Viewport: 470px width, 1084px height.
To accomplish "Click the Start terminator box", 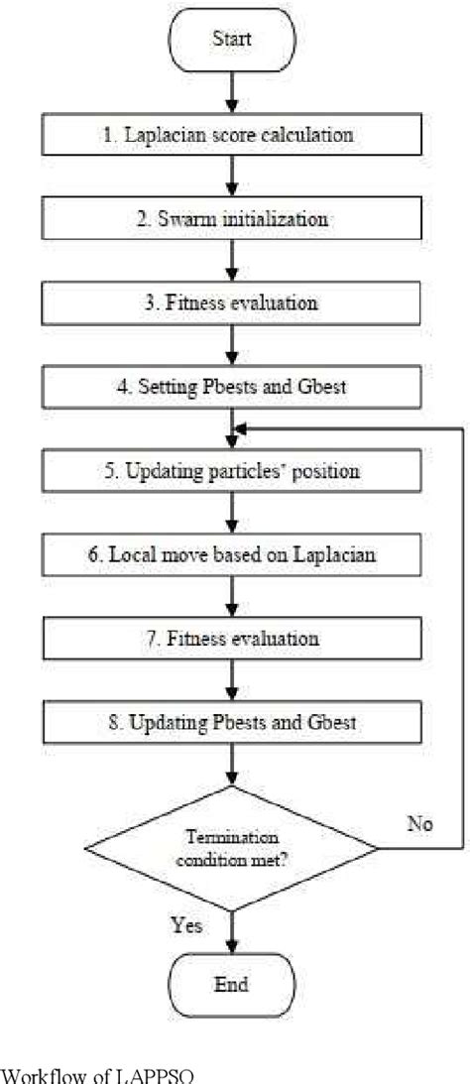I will click(x=232, y=39).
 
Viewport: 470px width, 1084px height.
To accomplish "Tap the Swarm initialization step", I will click(x=231, y=218).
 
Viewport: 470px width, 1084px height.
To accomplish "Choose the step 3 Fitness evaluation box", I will click(x=231, y=303).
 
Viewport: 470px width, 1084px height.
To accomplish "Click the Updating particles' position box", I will click(x=231, y=471).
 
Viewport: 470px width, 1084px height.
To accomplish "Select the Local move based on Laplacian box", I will click(x=231, y=555).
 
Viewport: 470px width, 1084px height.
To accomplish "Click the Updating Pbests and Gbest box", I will click(x=231, y=724).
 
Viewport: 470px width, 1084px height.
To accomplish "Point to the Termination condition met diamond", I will click(x=231, y=848).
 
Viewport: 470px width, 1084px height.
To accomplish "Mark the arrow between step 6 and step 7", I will click(x=231, y=598).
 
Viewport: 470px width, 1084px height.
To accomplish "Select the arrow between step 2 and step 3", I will click(x=231, y=261).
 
